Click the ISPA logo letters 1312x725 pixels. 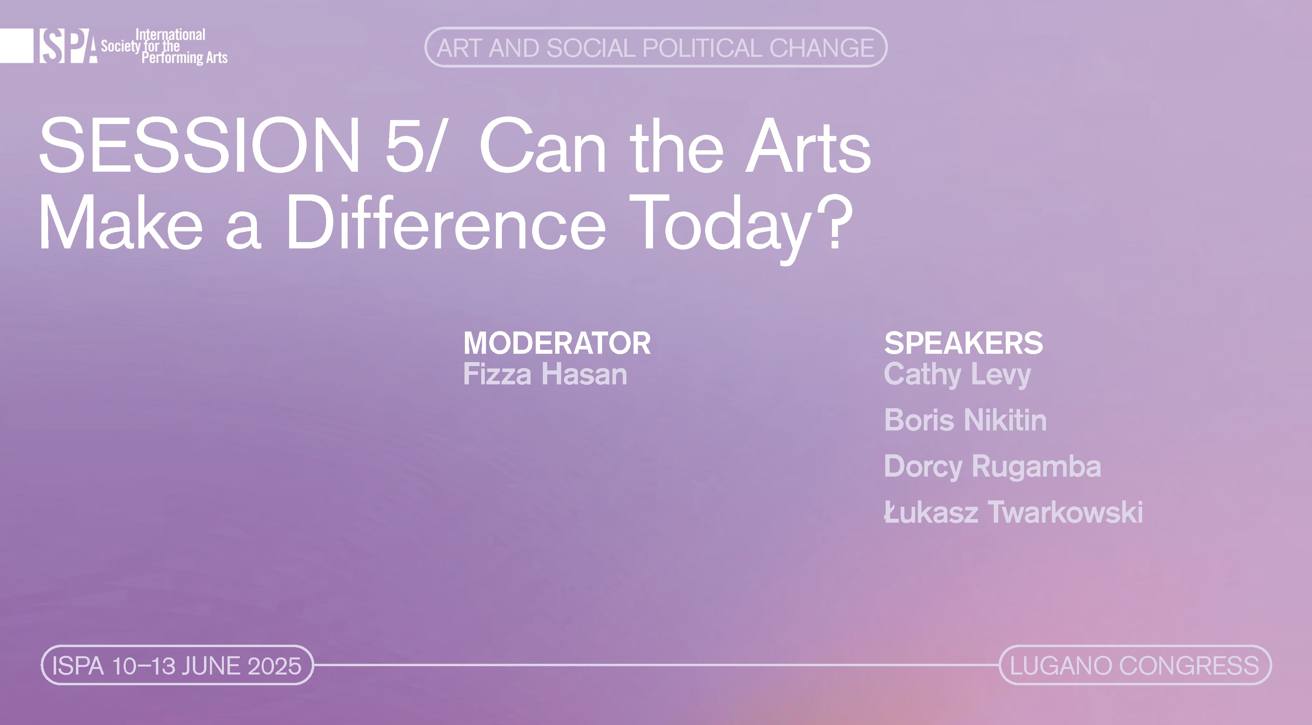pos(68,46)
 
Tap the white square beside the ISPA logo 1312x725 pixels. pos(16,46)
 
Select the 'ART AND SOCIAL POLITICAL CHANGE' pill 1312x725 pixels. pos(655,47)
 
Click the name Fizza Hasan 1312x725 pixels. pos(545,374)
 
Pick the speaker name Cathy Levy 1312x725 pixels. pos(958,375)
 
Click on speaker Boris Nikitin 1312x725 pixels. pos(965,420)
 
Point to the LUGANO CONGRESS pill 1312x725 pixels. pos(1135,665)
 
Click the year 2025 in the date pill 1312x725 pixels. pos(274,666)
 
